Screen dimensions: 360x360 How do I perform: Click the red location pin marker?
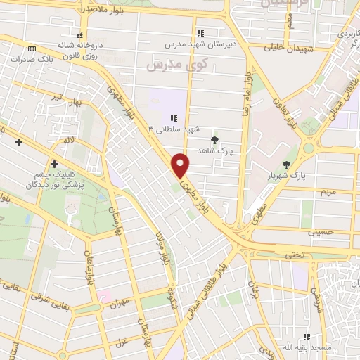[x=181, y=165]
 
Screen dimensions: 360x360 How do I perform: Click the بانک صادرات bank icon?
[x=32, y=49]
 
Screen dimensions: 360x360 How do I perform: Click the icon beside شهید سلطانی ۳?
[x=174, y=118]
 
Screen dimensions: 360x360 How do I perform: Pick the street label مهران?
[x=121, y=304]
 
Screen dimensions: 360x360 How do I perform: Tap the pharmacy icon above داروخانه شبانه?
[x=82, y=34]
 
